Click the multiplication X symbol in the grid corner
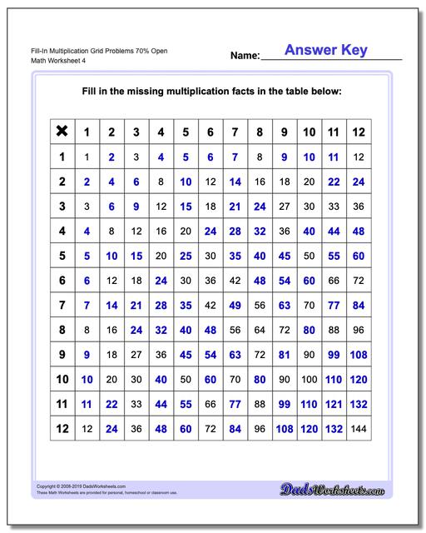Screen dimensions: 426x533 coord(61,131)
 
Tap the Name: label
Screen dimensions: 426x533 coord(245,56)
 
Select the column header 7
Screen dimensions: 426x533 coord(235,131)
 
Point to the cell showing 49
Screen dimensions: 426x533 coord(235,306)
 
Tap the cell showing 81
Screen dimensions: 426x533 coord(284,355)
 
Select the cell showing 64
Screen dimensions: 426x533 coord(260,331)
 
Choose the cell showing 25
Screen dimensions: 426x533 coord(186,256)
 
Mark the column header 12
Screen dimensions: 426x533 coord(359,131)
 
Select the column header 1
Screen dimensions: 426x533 coord(86,131)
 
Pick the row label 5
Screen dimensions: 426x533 coord(61,256)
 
